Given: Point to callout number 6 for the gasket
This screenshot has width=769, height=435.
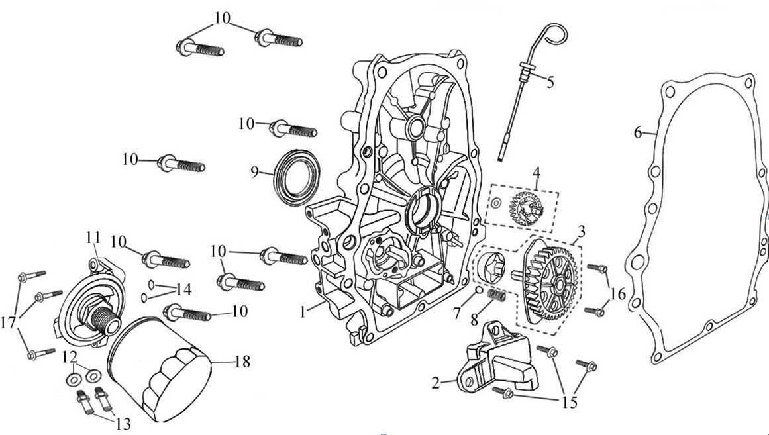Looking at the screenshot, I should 638,132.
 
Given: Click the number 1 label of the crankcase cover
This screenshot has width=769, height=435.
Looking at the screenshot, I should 303,311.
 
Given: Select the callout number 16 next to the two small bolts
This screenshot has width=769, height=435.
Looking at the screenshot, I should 618,293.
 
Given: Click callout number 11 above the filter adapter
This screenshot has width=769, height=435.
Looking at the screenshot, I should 92,236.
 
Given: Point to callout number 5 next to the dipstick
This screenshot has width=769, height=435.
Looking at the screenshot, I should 550,82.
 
